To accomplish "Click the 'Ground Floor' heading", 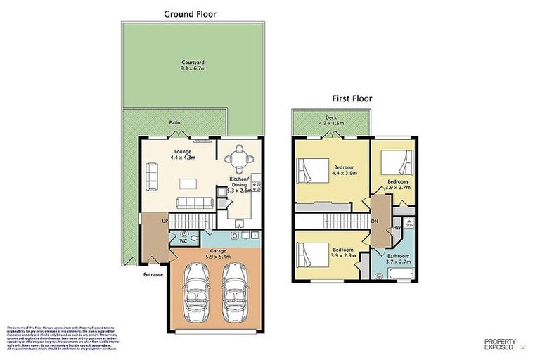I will tap(190, 13).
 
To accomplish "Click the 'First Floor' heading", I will tap(352, 98).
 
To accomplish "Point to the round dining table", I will tap(240, 157).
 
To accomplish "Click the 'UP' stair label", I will tap(165, 221).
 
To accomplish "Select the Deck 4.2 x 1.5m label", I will tap(330, 122).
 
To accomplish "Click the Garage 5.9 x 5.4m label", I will tap(218, 253).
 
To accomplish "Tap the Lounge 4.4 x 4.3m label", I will tap(184, 154).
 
